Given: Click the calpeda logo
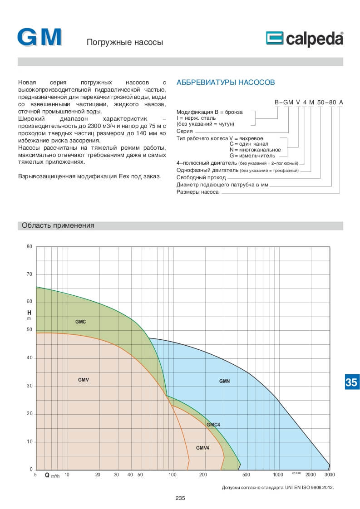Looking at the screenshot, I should coord(304,39).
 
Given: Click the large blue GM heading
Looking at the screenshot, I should coord(39,38).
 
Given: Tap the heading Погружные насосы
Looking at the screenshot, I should coord(124,43).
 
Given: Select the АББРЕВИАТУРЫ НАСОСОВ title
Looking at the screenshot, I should coord(225,83).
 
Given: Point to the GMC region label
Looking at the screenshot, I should coord(80,322).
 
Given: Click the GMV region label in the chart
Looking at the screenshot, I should coord(83,379).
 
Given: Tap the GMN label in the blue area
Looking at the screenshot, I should coord(224,381).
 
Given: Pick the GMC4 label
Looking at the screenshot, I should coord(213,425).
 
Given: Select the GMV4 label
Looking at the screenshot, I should coord(202,448).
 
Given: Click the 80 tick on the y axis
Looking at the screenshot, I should coord(30,247).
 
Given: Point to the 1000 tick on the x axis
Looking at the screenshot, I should coord(278,475).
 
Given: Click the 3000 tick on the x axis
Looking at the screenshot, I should coord(330,475).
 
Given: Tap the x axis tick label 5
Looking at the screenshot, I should coord(35,475).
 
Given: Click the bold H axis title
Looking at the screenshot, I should coord(29,313).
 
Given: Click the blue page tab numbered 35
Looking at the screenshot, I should coord(351,382).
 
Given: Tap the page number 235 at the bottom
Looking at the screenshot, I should coord(180,498).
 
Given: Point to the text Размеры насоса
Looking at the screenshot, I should coord(197,192).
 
